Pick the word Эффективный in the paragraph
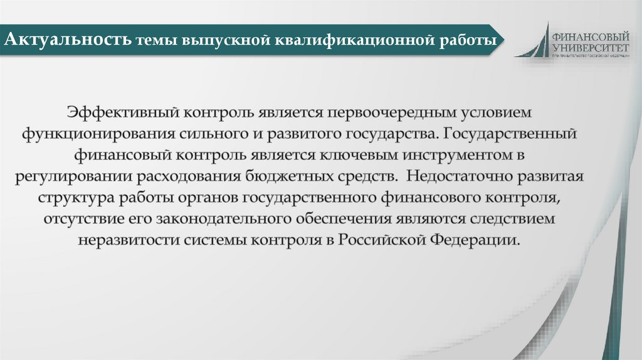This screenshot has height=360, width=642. click(124, 113)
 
